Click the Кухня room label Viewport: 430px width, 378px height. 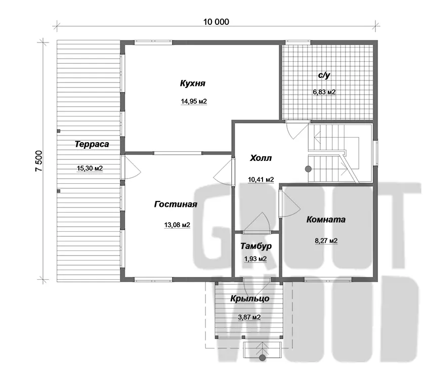[193, 83]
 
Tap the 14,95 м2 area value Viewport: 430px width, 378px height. [194, 102]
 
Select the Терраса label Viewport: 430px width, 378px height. [92, 144]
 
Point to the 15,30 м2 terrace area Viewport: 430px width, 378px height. [90, 169]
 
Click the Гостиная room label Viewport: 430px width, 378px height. [176, 204]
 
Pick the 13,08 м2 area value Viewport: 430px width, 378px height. [177, 225]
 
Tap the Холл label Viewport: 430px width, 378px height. [261, 158]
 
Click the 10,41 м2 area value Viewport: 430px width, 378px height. [261, 180]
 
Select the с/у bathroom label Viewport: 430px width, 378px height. [324, 75]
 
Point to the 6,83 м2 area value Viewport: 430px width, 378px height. [324, 92]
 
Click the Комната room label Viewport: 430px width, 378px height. [326, 220]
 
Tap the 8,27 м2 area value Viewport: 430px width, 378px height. [326, 241]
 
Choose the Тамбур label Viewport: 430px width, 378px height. [256, 246]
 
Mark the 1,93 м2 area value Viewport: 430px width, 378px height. [255, 259]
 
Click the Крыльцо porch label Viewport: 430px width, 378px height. [249, 299]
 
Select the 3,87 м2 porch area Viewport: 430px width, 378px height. [249, 317]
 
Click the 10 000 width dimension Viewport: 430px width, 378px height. [216, 22]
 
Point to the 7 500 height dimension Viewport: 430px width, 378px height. [39, 161]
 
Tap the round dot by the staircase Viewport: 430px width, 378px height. [308, 169]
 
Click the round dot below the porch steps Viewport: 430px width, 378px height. [263, 357]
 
